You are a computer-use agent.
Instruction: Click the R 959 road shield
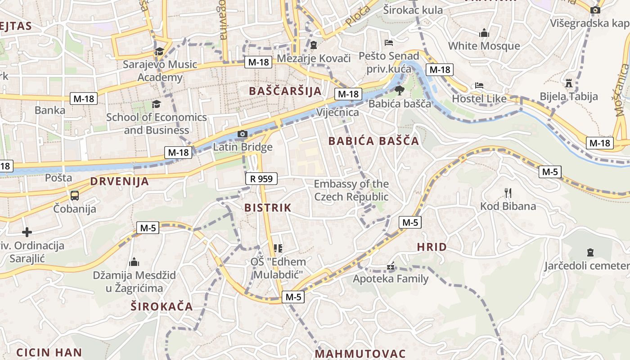click(261, 179)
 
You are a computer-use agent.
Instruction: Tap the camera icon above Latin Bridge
click(242, 134)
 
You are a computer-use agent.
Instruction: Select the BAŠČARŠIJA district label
click(285, 91)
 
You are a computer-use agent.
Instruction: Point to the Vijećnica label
click(337, 112)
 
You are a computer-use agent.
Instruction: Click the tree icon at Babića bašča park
click(399, 90)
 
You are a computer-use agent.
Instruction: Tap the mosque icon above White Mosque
click(484, 33)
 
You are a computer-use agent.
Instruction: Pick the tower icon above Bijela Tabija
click(569, 83)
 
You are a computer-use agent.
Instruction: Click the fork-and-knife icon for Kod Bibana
click(508, 193)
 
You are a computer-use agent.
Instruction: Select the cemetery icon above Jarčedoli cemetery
click(590, 252)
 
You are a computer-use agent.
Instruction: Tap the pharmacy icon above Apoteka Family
click(391, 266)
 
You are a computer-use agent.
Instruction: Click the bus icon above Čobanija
click(74, 196)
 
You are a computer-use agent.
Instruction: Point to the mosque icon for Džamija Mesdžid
click(134, 262)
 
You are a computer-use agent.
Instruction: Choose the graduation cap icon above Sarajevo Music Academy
click(160, 51)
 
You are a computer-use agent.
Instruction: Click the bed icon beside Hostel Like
click(479, 85)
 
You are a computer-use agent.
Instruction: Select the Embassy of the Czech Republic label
click(351, 190)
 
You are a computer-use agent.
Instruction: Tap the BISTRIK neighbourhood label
click(268, 208)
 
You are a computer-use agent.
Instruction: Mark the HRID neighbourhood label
click(432, 247)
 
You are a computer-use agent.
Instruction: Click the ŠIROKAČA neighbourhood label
click(162, 307)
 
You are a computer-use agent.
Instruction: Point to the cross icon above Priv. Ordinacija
click(27, 232)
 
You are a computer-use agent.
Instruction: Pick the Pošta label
click(58, 178)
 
